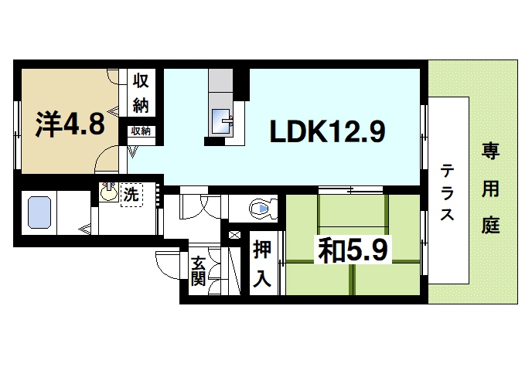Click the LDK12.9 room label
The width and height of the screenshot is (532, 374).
point(327,133)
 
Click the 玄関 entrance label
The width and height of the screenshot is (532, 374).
point(198,271)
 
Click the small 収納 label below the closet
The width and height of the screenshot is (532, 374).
point(140,131)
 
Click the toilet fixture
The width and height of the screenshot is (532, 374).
point(261,207)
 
